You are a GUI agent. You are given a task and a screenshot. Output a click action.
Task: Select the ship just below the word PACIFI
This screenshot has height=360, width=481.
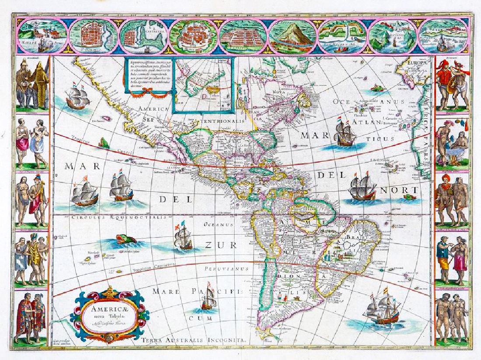pos(209,301)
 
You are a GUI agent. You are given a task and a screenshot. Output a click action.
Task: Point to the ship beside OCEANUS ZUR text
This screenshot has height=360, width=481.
pos(183,237)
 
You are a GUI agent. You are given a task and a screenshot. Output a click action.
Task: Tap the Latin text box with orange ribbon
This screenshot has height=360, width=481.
pos(147,77)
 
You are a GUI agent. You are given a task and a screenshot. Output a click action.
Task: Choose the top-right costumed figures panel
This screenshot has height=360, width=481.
pos(452,84)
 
